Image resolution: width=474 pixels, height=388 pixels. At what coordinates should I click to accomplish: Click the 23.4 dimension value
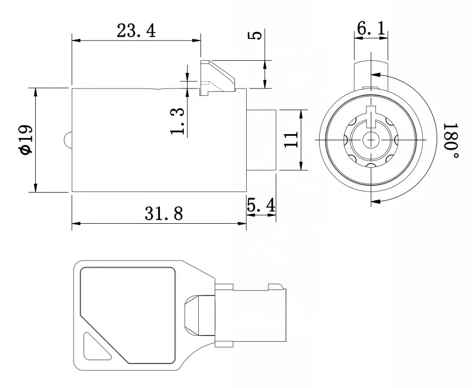coord(135,31)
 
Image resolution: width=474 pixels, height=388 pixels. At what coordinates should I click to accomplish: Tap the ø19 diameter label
coord(25,140)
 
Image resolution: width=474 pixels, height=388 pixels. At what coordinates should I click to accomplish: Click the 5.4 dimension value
coord(261,205)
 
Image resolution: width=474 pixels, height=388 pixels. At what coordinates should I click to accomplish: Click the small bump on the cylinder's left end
coord(68,140)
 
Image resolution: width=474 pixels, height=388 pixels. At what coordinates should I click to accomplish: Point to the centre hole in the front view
coord(368,139)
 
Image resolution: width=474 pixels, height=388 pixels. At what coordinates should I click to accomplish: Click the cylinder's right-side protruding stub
coord(262,140)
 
